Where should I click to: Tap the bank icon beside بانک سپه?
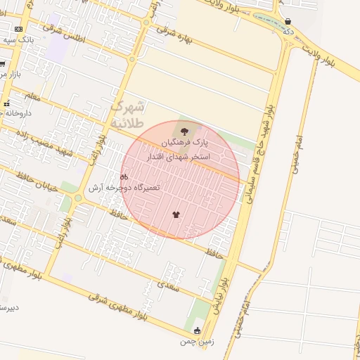pos(18,29)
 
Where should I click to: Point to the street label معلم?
pos(32,94)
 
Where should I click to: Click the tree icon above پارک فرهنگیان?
pos(184,131)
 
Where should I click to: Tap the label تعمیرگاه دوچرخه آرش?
pos(124,188)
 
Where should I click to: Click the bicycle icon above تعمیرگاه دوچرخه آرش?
pos(124,177)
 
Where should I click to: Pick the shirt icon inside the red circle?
pos(175,214)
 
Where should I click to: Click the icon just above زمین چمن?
pos(197,330)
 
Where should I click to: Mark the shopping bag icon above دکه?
pos(288,21)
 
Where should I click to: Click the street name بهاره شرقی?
pos(174,34)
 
